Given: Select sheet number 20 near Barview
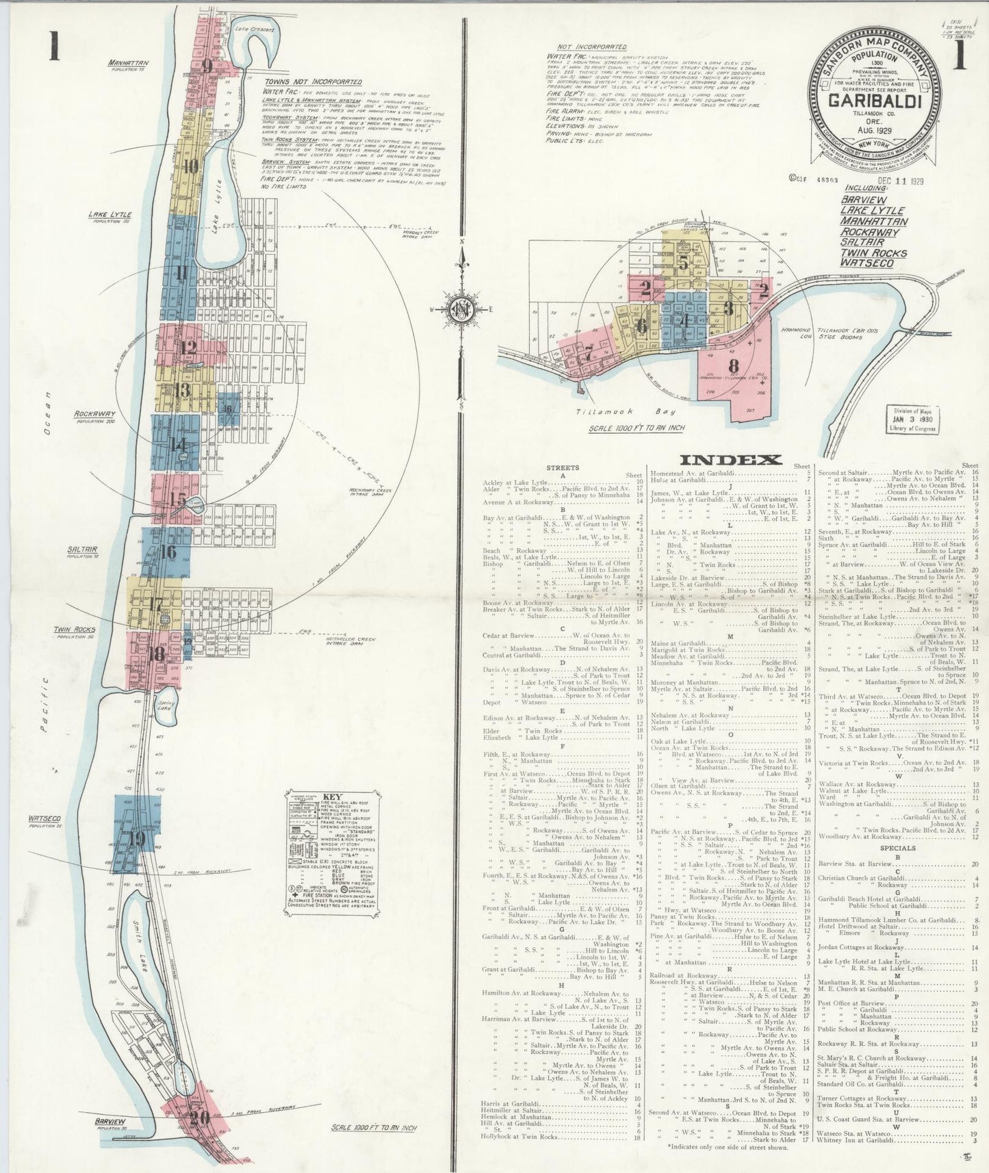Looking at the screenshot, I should click(200, 1118).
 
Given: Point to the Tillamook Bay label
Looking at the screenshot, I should click(606, 411).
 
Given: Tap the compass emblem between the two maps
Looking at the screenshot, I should click(463, 310).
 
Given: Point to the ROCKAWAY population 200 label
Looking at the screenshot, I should click(95, 414).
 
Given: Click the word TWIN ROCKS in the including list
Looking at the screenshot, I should click(873, 253).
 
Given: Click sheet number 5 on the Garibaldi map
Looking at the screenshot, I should click(683, 261).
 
